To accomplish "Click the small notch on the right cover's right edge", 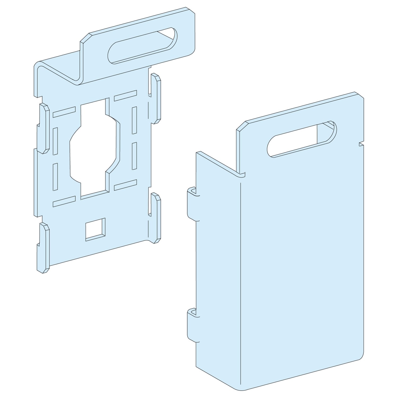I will [x=361, y=144].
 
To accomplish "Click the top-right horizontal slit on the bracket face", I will [x=125, y=96].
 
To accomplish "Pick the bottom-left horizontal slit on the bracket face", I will [x=64, y=201].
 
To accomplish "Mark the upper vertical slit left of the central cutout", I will [x=55, y=141].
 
